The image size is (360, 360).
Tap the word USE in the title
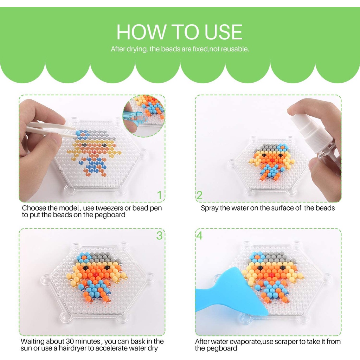tap(223, 32)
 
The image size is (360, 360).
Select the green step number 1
tap(160, 195)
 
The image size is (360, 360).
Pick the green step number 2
tap(199, 195)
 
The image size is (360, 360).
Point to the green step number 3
tap(159, 236)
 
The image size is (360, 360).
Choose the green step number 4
tap(199, 236)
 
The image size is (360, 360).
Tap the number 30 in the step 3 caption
tap(70, 341)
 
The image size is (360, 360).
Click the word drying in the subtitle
tap(137, 49)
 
